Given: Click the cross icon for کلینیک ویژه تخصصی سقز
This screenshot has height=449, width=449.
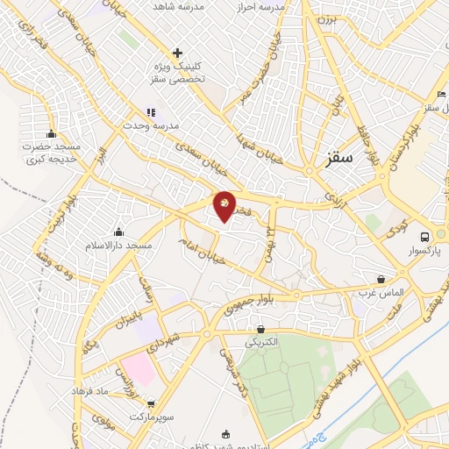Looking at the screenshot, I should [x=178, y=53].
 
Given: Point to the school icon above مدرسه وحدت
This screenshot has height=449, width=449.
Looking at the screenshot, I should [x=150, y=112].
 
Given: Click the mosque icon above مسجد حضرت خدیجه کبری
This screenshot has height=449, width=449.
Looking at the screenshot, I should [x=52, y=134].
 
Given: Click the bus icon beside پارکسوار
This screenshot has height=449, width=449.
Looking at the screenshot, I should [x=424, y=237].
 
